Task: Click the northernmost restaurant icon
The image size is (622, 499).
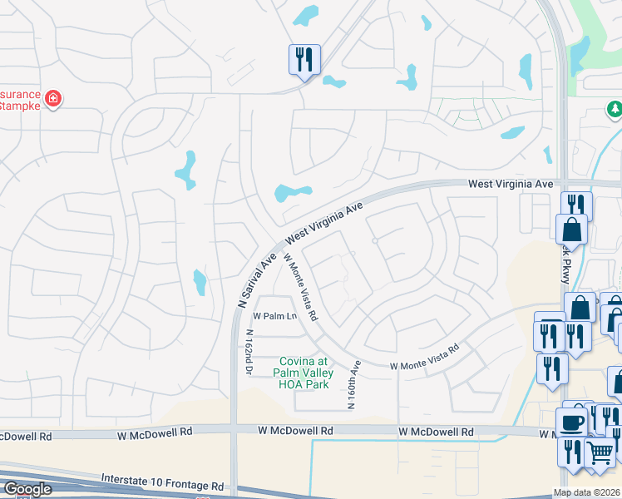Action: tap(304, 60)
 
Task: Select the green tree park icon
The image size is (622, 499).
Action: tap(614, 109)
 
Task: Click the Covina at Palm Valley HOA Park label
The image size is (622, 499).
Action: tap(304, 372)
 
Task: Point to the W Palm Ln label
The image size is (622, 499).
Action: tap(274, 316)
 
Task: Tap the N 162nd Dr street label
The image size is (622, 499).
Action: tap(248, 353)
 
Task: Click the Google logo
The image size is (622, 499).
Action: tap(27, 490)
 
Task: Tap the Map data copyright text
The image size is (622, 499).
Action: tap(587, 492)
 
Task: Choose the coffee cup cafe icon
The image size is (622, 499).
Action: tap(571, 421)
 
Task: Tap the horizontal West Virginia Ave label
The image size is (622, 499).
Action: tap(510, 183)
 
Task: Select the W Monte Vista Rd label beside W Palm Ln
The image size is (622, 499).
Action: tap(300, 287)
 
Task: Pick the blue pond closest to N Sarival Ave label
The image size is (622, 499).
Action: tap(200, 283)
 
